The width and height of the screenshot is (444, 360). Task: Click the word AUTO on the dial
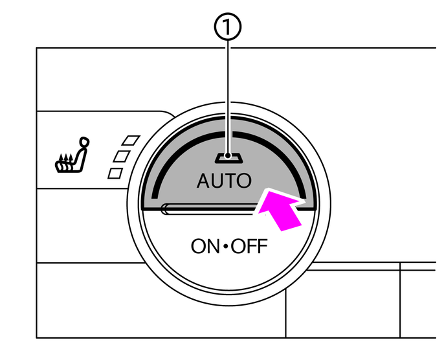tap(224, 181)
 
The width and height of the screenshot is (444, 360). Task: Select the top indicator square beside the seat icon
tap(133, 139)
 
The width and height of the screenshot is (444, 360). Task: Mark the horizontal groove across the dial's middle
tap(207, 208)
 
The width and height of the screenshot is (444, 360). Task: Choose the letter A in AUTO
tap(203, 181)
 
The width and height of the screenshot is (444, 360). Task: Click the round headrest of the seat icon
tap(83, 142)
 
